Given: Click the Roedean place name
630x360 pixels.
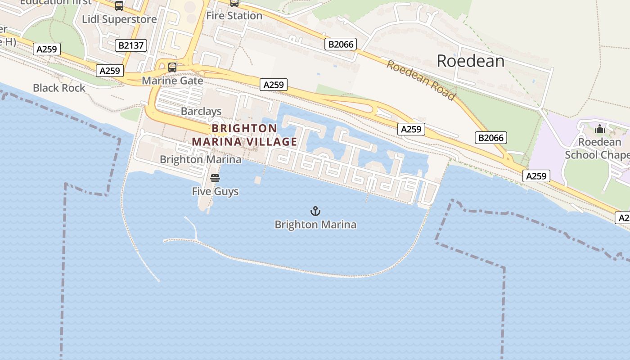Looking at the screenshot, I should point(471,61).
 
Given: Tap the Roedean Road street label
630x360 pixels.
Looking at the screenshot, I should point(421,80).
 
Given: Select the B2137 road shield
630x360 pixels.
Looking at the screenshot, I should point(131,45).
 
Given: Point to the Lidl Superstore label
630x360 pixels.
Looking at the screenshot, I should point(119,19).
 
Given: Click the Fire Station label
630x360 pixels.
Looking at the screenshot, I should point(234,16).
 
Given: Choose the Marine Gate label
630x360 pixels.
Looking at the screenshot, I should point(172,81).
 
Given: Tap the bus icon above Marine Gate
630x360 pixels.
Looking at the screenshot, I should point(172,67).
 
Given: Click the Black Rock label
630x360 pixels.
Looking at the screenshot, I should point(59,88).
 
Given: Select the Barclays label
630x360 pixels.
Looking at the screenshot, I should point(201,111).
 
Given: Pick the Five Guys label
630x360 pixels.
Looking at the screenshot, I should point(215,191).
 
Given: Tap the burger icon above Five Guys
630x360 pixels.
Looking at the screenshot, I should point(215,178).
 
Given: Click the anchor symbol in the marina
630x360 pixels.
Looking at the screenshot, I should point(315,211).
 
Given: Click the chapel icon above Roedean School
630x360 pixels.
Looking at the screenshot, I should point(599,130).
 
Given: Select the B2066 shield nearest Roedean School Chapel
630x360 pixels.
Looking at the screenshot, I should point(490,138).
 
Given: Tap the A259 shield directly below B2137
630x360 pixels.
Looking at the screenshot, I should point(110,71).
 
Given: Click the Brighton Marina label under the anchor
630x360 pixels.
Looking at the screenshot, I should point(315,225).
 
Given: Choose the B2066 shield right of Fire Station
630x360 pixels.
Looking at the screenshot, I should point(341,44).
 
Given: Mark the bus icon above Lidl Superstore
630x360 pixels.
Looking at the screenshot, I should point(119,6).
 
